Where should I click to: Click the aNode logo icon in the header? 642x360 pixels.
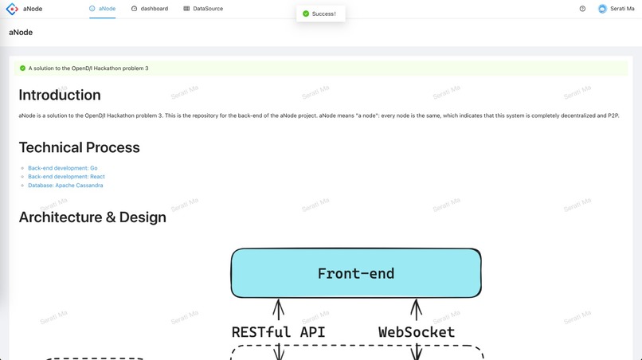click(12, 9)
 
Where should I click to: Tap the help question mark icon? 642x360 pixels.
click(582, 9)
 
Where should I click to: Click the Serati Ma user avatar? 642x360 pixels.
click(602, 9)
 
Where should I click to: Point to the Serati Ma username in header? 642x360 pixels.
click(622, 9)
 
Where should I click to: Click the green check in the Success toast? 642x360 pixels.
click(306, 14)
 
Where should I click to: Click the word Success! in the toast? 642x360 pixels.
click(324, 14)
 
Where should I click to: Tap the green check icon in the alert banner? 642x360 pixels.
click(22, 68)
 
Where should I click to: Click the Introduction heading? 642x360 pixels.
click(60, 95)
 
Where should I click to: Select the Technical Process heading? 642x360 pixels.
click(79, 147)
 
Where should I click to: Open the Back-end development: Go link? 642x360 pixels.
click(63, 168)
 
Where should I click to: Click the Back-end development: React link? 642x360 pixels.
click(66, 177)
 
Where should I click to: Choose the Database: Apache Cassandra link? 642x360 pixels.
click(65, 186)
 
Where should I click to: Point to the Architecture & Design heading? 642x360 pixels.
click(92, 217)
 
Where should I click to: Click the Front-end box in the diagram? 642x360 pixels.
click(356, 273)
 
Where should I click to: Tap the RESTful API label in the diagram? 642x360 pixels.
click(278, 332)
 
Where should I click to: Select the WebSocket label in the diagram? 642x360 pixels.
click(416, 332)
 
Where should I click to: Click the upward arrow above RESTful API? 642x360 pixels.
click(279, 310)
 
